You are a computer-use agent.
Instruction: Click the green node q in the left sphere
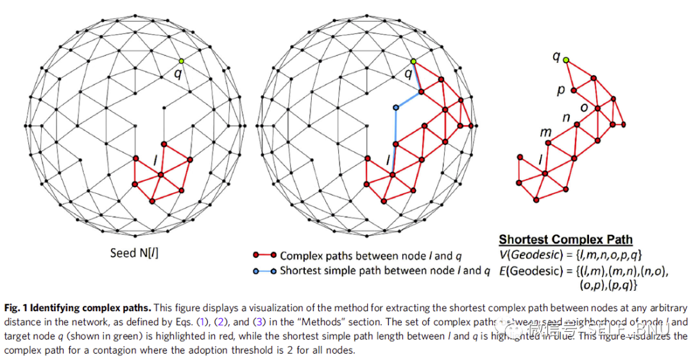click(x=182, y=61)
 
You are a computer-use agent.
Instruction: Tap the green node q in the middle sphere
click(x=413, y=61)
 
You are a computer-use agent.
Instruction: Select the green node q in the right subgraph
click(x=566, y=59)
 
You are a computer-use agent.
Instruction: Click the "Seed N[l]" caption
click(x=134, y=253)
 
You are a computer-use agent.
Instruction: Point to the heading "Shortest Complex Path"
click(x=566, y=240)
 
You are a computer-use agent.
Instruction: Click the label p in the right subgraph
click(x=561, y=90)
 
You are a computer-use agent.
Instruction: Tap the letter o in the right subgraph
click(x=583, y=107)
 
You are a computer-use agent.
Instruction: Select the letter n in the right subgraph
click(x=566, y=118)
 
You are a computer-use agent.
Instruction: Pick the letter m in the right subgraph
click(x=546, y=133)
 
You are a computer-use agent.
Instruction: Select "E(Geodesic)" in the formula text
click(x=529, y=271)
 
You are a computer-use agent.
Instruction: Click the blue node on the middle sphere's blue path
click(x=396, y=107)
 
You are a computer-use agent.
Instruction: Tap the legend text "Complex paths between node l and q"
click(x=370, y=255)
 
